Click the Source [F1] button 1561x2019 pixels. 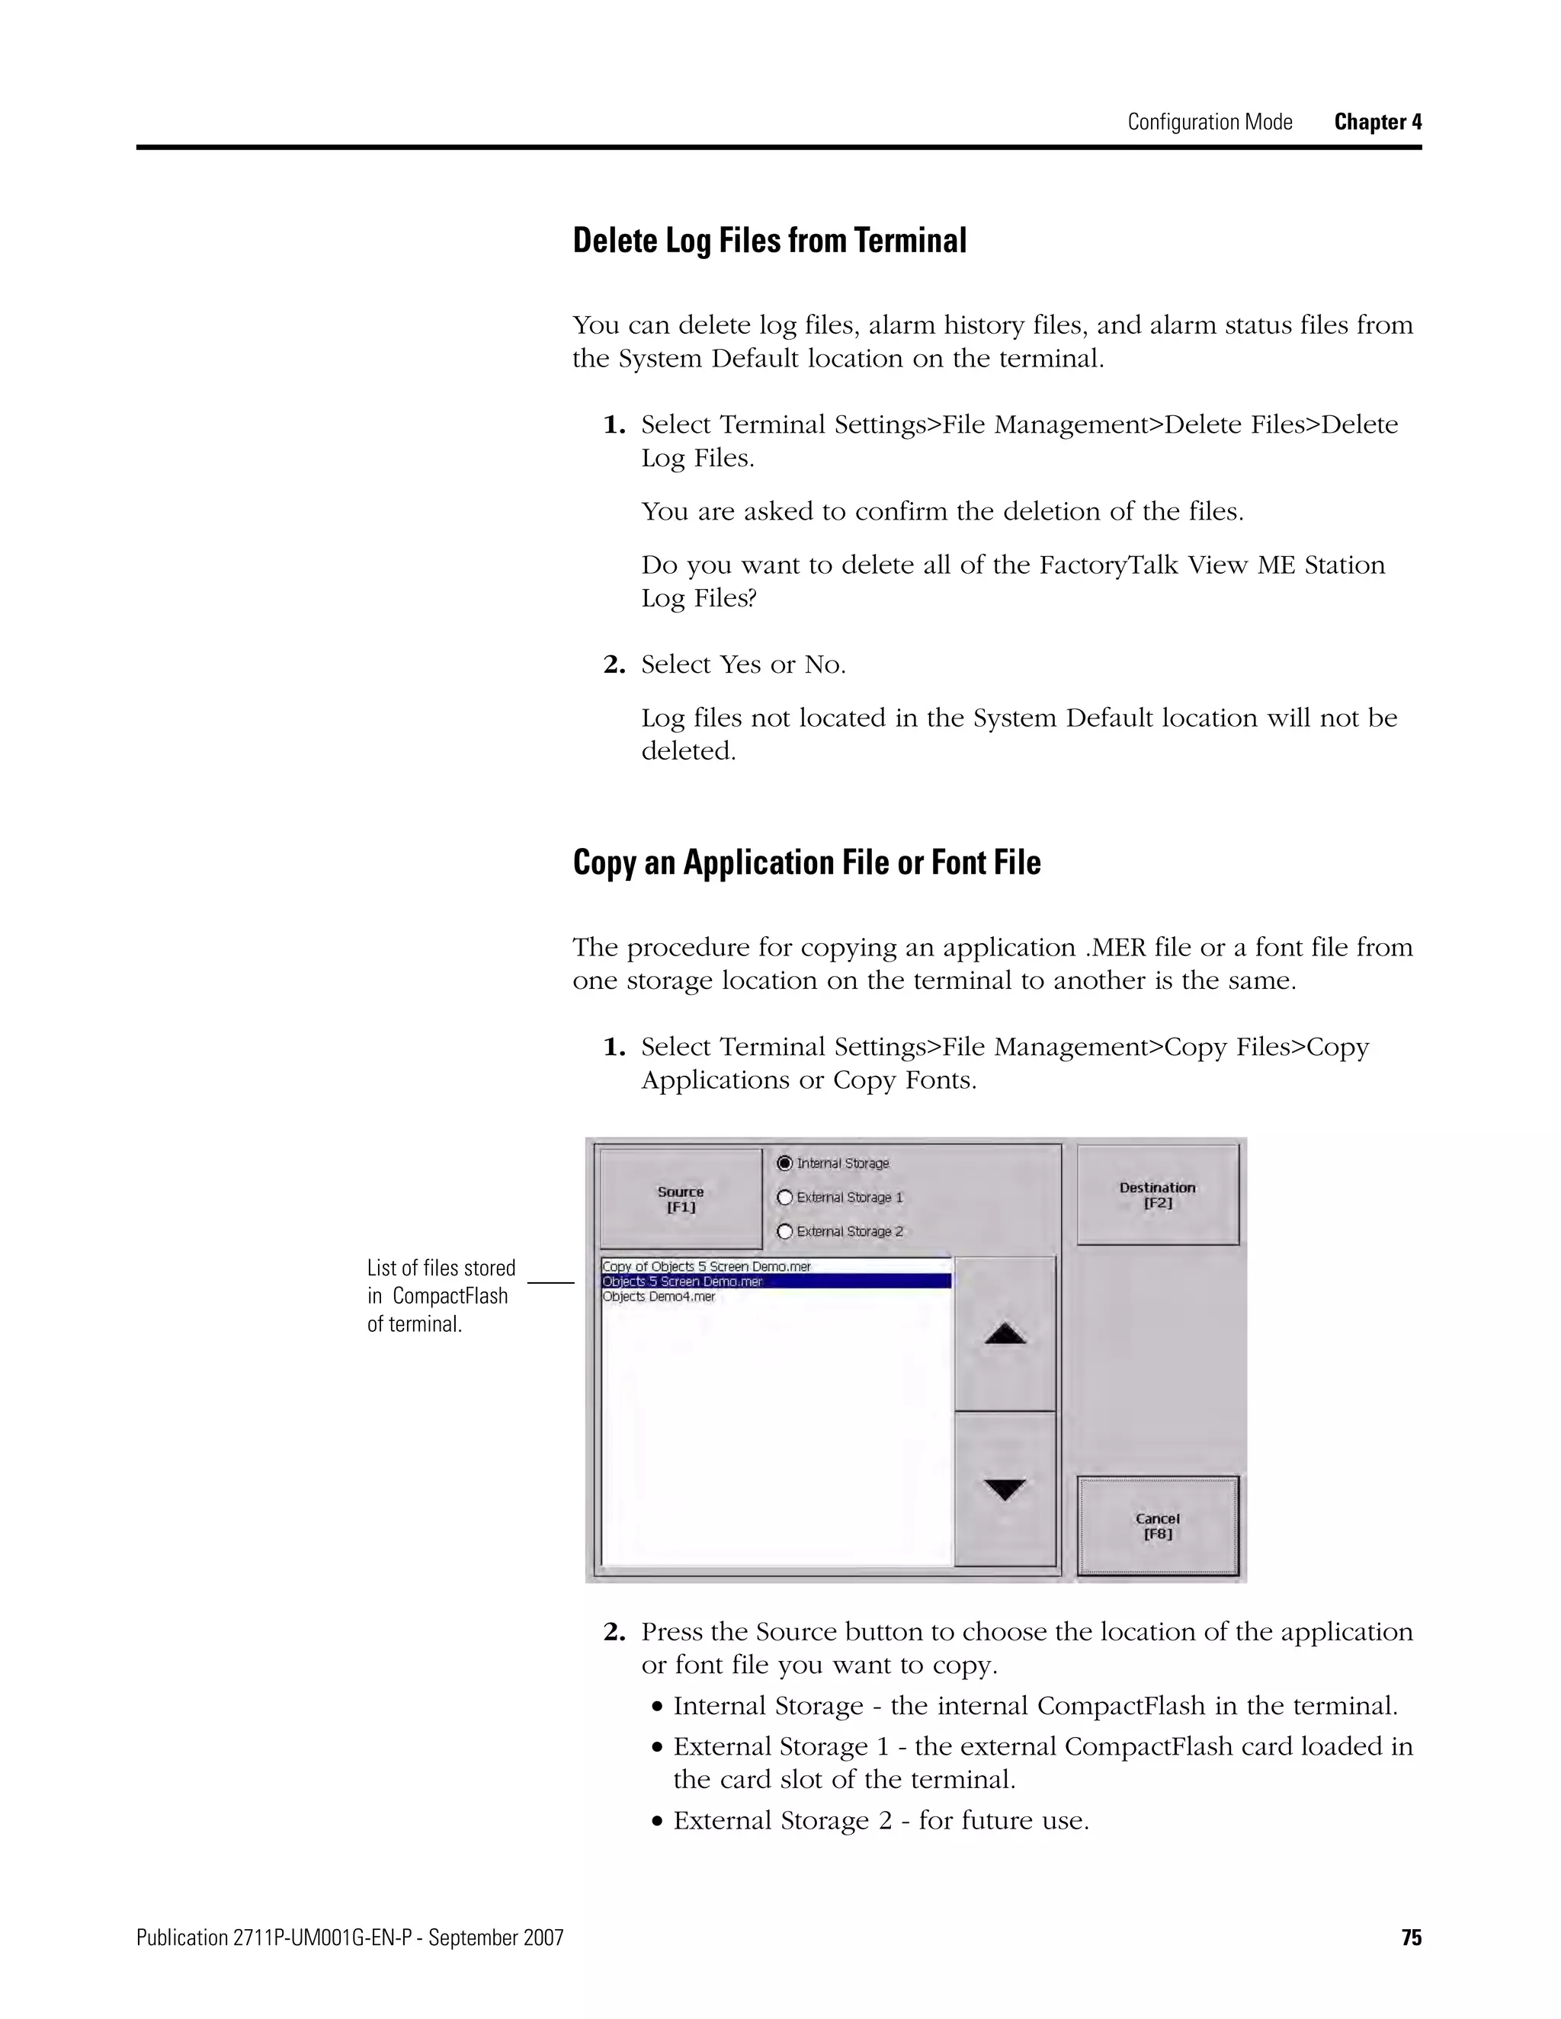pyautogui.click(x=681, y=1199)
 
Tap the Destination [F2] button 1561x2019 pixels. pyautogui.click(x=1157, y=1195)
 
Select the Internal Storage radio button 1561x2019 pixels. pyautogui.click(x=785, y=1163)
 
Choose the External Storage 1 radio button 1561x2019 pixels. pyautogui.click(x=785, y=1197)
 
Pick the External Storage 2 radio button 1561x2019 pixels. pyautogui.click(x=785, y=1231)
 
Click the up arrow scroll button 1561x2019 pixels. pyautogui.click(x=1005, y=1333)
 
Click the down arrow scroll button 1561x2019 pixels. pyautogui.click(x=1005, y=1489)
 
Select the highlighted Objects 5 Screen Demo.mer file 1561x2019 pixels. pyautogui.click(x=682, y=1281)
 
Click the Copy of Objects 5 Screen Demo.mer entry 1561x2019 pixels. pyautogui.click(x=707, y=1266)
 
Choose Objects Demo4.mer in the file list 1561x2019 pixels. pyautogui.click(x=659, y=1297)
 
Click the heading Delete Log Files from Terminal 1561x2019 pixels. pyautogui.click(x=769, y=240)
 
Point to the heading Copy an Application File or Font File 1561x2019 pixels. pyautogui.click(x=806, y=862)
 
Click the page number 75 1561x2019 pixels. pyautogui.click(x=1411, y=1937)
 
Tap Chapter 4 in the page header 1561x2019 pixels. pyautogui.click(x=1377, y=122)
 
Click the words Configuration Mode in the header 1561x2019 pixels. pyautogui.click(x=1210, y=122)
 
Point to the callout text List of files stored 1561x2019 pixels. pyautogui.click(x=441, y=1269)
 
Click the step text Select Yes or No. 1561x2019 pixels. pyautogui.click(x=743, y=664)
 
